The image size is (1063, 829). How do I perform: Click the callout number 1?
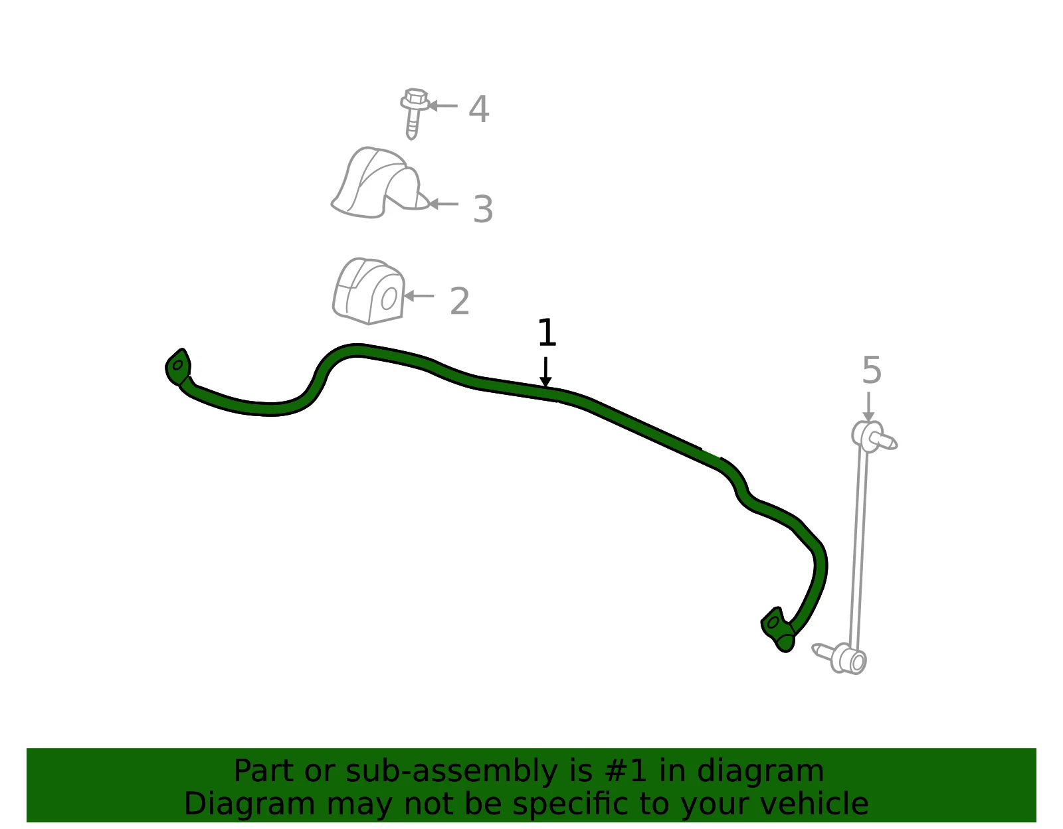pyautogui.click(x=546, y=333)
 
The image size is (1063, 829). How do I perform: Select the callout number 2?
pyautogui.click(x=460, y=301)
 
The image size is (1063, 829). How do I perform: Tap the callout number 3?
pyautogui.click(x=483, y=209)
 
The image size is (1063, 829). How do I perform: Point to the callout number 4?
pyautogui.click(x=479, y=109)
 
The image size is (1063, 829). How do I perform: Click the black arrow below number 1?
pyautogui.click(x=545, y=372)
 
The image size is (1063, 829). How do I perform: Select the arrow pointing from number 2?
pyautogui.click(x=419, y=296)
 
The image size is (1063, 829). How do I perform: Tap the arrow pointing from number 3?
pyautogui.click(x=443, y=204)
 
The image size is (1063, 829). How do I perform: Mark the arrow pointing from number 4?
pyautogui.click(x=442, y=106)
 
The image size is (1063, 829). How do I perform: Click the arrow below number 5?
pyautogui.click(x=868, y=406)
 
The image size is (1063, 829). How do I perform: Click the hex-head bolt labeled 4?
pyautogui.click(x=414, y=113)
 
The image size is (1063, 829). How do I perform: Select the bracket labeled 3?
pyautogui.click(x=380, y=183)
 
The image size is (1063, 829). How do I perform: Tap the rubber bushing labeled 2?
pyautogui.click(x=369, y=291)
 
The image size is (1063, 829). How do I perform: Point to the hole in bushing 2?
pyautogui.click(x=389, y=299)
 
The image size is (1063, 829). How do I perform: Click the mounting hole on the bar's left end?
pyautogui.click(x=178, y=365)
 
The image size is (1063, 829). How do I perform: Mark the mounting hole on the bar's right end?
pyautogui.click(x=773, y=623)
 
